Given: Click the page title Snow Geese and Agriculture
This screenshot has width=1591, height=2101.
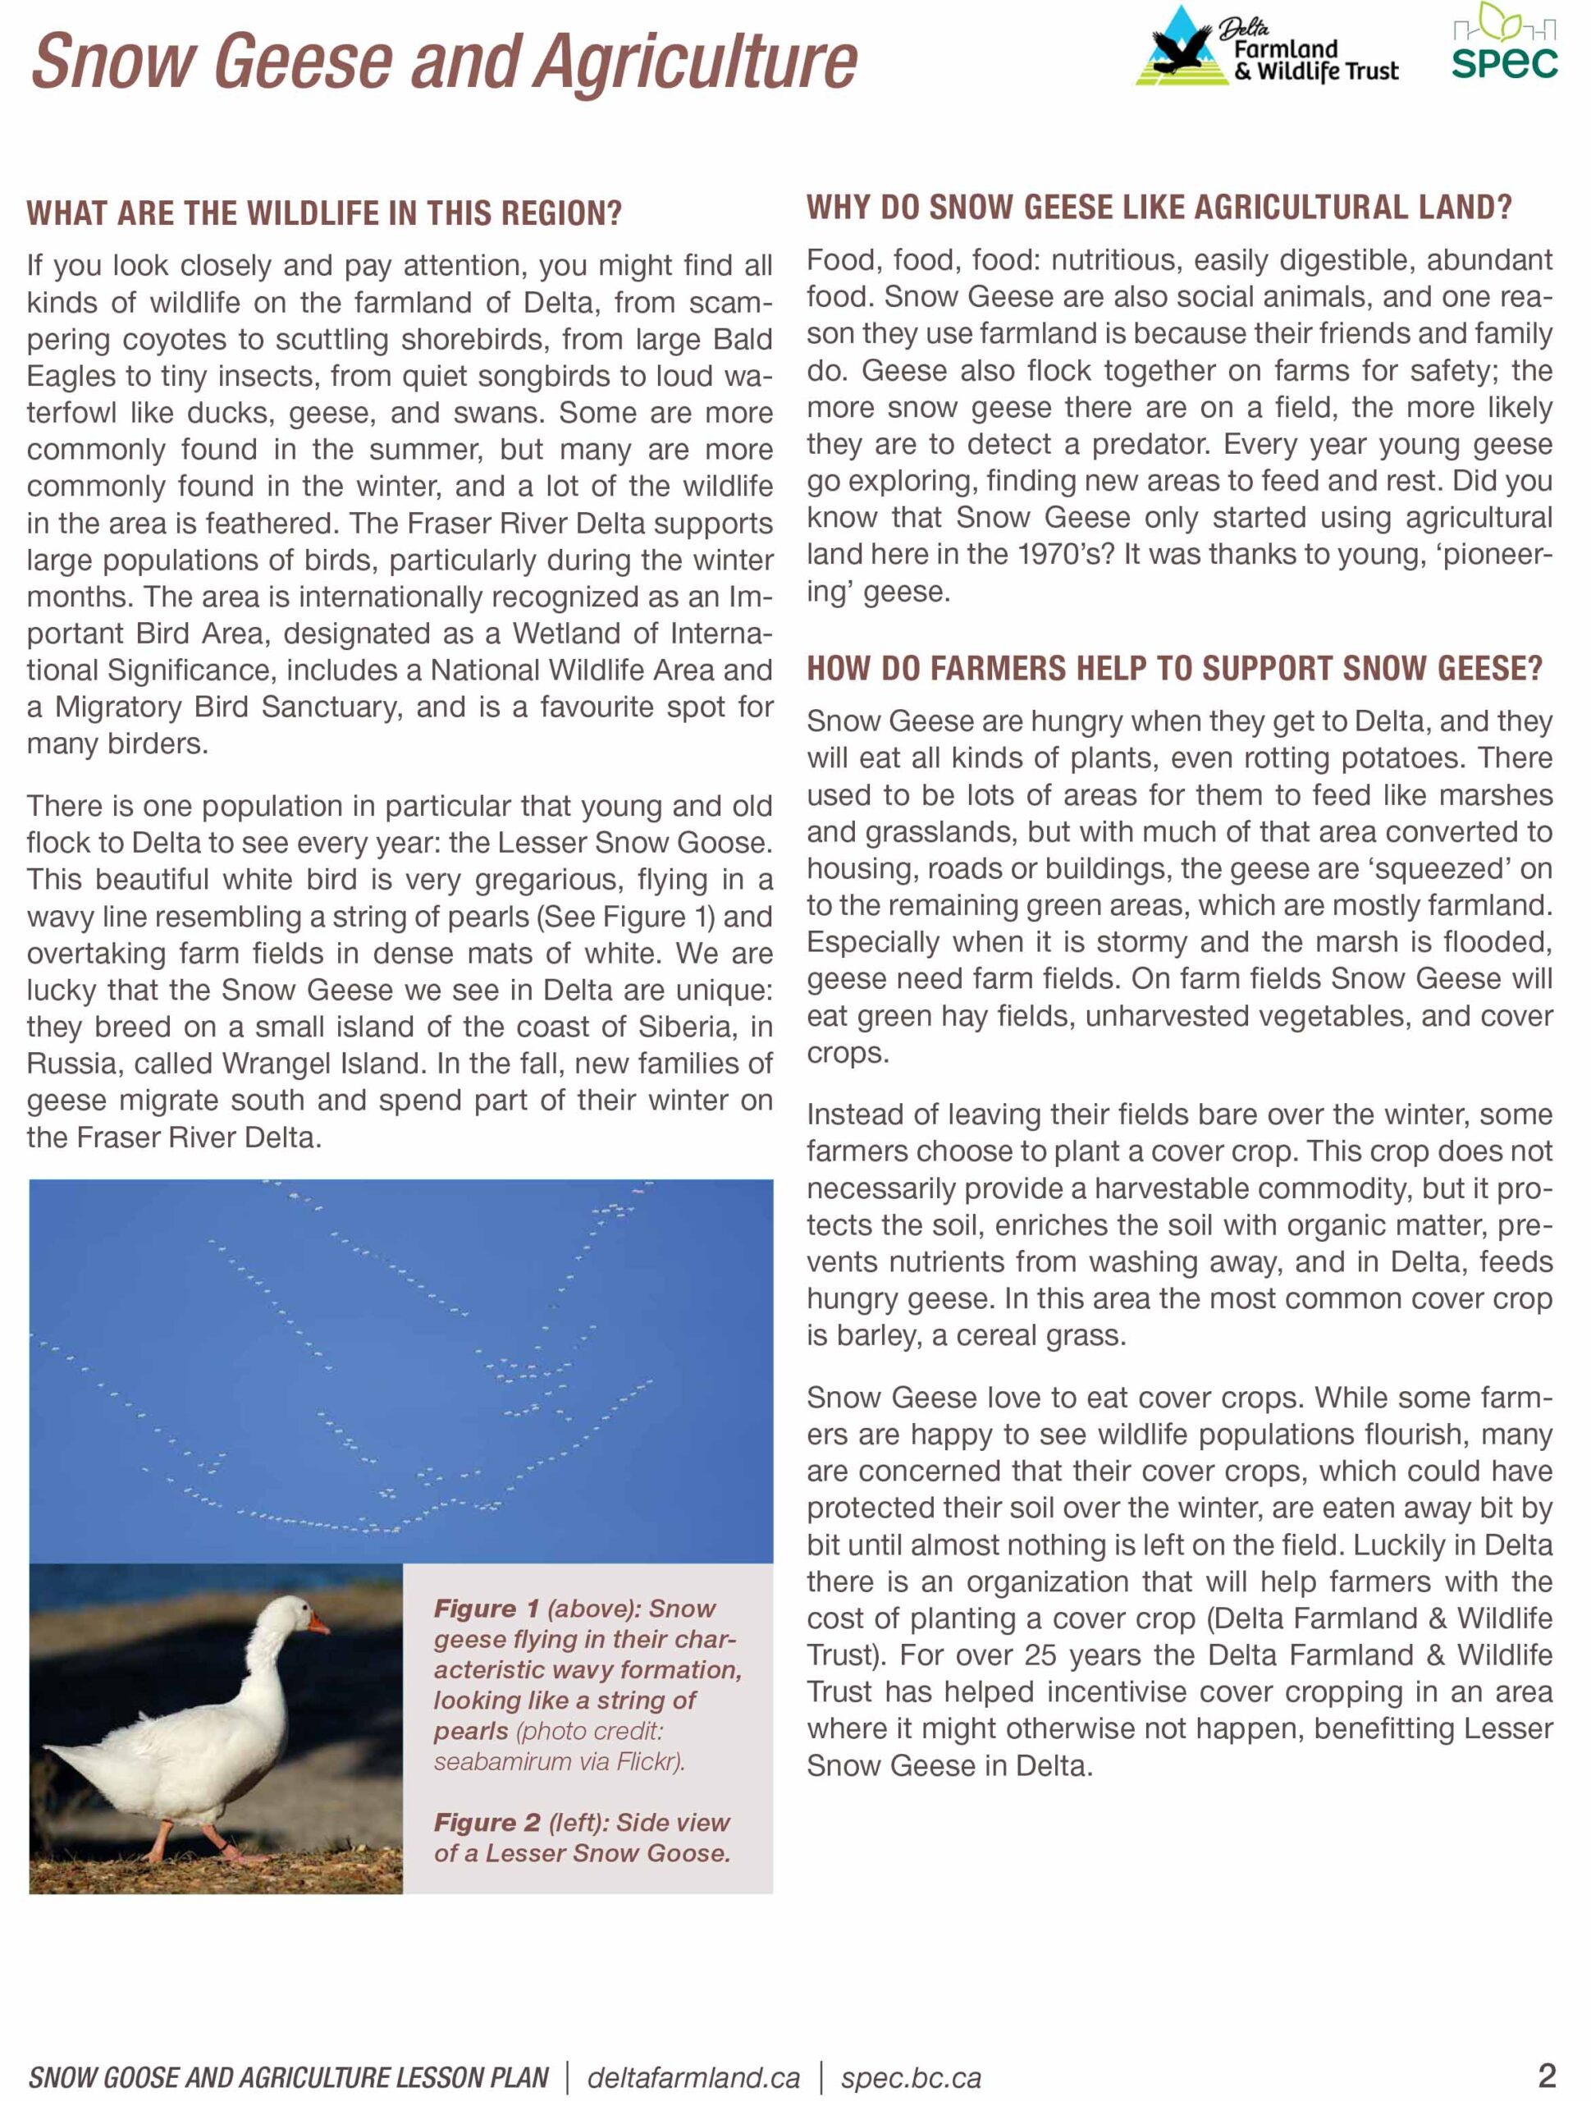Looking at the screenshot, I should tap(445, 62).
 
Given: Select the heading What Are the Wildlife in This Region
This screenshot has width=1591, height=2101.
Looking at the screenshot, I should tap(324, 213).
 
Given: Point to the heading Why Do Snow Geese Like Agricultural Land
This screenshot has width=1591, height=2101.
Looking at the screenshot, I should tap(1159, 208).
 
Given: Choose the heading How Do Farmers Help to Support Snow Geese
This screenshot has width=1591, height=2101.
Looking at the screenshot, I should tap(1174, 670).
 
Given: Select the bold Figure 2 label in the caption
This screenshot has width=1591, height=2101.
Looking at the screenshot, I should tap(487, 1823).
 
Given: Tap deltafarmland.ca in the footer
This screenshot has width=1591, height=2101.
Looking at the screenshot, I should tap(693, 2077).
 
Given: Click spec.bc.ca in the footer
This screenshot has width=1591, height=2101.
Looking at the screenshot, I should tap(910, 2077).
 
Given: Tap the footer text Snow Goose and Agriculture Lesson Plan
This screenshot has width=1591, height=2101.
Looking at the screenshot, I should tap(289, 2077).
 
